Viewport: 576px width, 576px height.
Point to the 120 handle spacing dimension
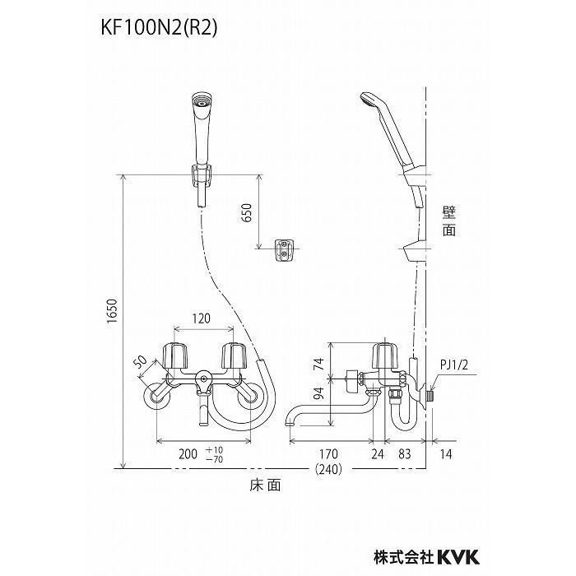coord(201,318)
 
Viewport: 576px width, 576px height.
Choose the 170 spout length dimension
coord(330,453)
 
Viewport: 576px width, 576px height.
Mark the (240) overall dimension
coord(329,469)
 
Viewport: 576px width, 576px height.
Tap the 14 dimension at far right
coord(445,453)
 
